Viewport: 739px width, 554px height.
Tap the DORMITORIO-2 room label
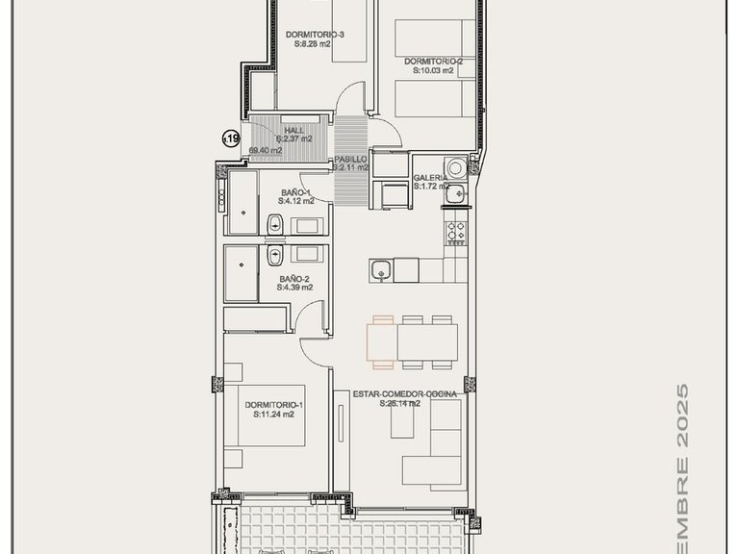pos(433,61)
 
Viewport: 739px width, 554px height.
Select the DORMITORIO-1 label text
pos(273,404)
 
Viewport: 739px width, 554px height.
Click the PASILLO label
pos(349,160)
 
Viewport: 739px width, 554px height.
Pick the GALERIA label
pos(430,178)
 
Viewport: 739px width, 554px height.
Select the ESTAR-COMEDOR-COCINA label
pos(403,393)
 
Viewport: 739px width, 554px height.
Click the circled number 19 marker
pos(231,138)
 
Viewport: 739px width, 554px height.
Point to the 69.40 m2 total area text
pos(265,150)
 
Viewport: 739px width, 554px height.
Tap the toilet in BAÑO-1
pos(274,226)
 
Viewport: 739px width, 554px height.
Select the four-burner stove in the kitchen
pos(454,231)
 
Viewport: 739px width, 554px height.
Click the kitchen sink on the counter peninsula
pos(382,269)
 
